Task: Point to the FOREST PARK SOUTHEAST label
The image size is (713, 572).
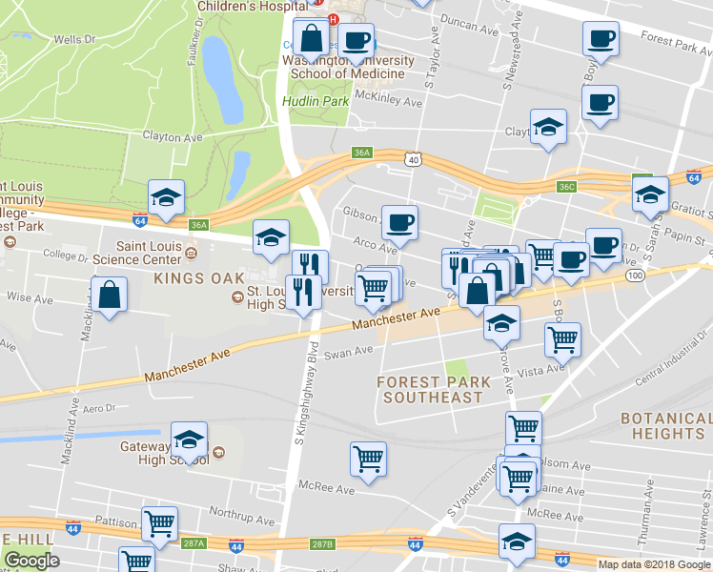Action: click(x=434, y=389)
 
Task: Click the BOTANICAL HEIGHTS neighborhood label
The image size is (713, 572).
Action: click(x=666, y=426)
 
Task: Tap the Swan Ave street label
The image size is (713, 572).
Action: click(x=348, y=352)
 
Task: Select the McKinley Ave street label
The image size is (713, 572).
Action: click(x=387, y=100)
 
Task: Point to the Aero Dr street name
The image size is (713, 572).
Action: click(x=99, y=407)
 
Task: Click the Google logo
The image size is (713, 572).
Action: click(x=31, y=561)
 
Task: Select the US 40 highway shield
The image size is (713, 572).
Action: click(x=412, y=159)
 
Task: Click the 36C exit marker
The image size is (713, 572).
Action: click(x=567, y=187)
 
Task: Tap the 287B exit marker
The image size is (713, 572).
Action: click(x=322, y=543)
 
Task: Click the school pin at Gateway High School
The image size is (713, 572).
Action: click(x=190, y=439)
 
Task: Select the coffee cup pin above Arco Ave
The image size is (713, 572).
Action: click(x=399, y=221)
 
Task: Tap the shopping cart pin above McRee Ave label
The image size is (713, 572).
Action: click(x=368, y=459)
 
